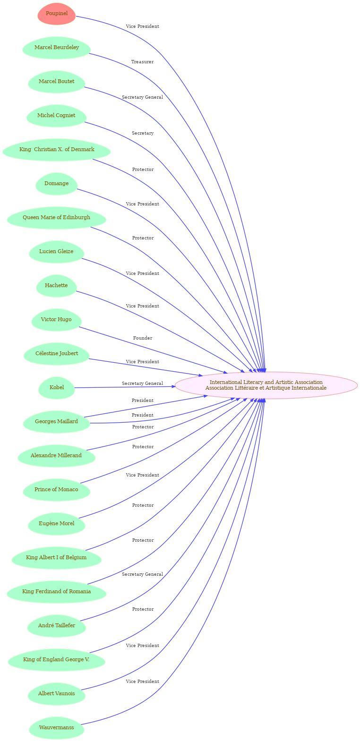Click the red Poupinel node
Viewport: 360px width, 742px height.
click(57, 14)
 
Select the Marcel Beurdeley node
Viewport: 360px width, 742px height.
click(57, 48)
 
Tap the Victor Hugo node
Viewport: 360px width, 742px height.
click(56, 320)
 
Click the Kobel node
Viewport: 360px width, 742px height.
click(57, 388)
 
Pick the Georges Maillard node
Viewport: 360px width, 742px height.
click(57, 422)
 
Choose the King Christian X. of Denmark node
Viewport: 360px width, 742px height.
click(57, 150)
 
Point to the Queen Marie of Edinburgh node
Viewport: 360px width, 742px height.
click(56, 218)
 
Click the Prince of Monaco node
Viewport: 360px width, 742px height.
click(56, 490)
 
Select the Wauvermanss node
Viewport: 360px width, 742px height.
click(57, 728)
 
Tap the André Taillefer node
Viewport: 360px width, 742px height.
click(57, 626)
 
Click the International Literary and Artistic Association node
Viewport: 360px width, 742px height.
click(266, 385)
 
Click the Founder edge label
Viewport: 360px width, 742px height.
click(143, 338)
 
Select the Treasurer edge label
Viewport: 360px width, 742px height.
click(143, 62)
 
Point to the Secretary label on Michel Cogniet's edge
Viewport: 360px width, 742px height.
click(143, 133)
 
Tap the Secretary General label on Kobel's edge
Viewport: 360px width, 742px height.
click(143, 384)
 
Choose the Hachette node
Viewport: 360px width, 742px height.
click(56, 286)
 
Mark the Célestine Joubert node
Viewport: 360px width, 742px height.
click(57, 354)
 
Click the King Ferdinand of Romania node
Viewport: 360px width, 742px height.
click(56, 592)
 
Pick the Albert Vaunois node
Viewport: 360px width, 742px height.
click(57, 694)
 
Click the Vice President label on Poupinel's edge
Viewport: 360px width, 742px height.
click(143, 26)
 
